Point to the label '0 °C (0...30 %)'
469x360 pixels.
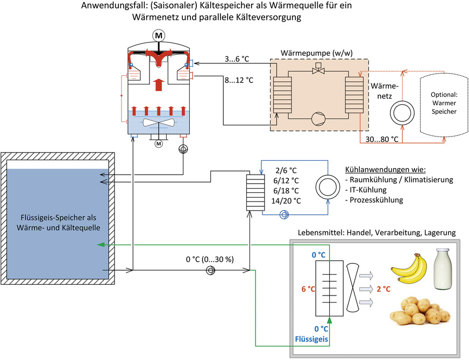(209, 260)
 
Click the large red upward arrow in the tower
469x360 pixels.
(159, 85)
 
